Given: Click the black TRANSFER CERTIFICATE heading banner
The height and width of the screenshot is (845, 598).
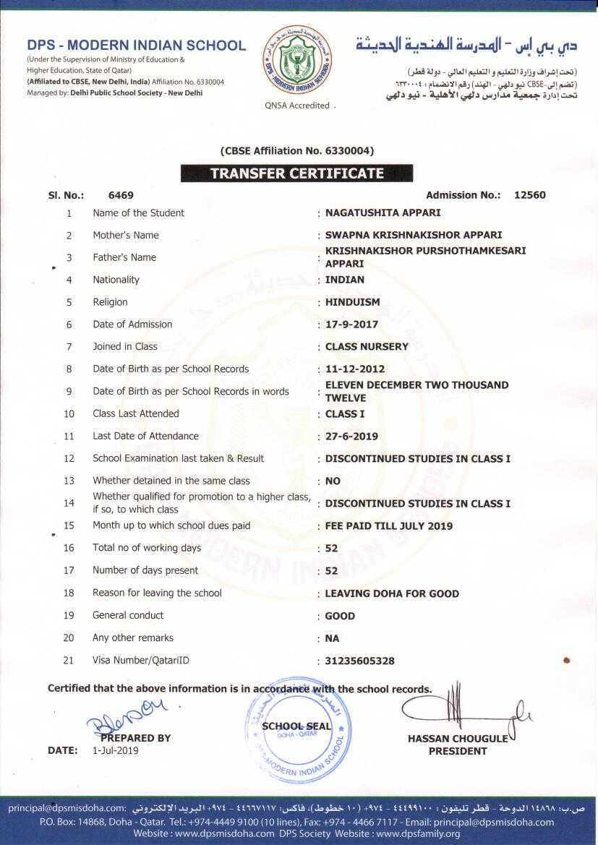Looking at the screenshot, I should [x=296, y=173].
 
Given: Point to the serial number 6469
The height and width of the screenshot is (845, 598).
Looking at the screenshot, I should [x=121, y=195].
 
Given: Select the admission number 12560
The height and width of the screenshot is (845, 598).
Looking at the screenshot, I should [x=529, y=195].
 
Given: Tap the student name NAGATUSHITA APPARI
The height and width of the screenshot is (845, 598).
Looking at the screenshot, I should [x=383, y=213].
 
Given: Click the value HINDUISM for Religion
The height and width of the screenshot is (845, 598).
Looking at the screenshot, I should [x=352, y=302].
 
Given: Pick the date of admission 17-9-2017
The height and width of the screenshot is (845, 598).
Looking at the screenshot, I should [x=351, y=325].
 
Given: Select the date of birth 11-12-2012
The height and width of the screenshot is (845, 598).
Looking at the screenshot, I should [x=354, y=369].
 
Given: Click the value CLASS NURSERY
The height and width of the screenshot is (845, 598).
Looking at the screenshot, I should [x=367, y=347].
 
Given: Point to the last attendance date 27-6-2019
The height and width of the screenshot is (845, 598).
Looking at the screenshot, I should [x=351, y=437].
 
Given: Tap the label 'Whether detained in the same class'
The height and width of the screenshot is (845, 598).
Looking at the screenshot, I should [x=171, y=481].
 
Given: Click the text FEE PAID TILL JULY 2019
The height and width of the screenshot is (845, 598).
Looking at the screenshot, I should [x=389, y=526].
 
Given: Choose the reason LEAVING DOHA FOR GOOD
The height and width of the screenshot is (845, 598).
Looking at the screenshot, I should [x=392, y=593].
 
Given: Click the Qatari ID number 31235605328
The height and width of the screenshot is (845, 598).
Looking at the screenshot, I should [x=360, y=661].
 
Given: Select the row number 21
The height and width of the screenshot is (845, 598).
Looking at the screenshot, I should [x=69, y=660].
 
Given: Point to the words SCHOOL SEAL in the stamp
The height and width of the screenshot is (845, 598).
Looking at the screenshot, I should [x=296, y=726].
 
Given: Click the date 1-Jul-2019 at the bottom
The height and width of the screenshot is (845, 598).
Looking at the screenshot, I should [x=115, y=750].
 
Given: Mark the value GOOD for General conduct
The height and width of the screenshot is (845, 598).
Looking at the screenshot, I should [x=340, y=616].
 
